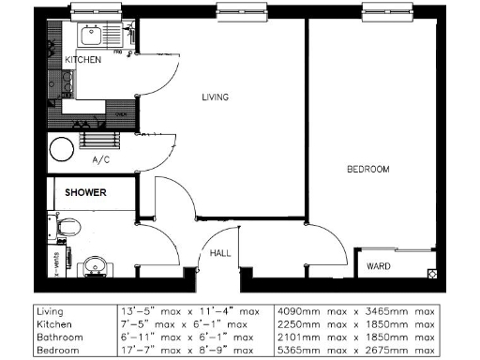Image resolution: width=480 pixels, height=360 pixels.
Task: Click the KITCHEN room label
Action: coord(82,60)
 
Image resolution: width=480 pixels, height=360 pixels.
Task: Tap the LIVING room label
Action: coord(216,97)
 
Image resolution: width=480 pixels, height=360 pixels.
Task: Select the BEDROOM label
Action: coord(367,169)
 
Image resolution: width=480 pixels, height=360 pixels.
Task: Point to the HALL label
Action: coord(219,253)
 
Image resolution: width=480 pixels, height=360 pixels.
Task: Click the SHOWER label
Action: coord(85,193)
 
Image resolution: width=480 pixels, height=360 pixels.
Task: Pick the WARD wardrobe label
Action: coord(379,264)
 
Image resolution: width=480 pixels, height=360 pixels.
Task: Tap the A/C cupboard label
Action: coord(101,160)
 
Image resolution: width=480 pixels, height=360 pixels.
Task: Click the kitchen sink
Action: coord(91,37)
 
